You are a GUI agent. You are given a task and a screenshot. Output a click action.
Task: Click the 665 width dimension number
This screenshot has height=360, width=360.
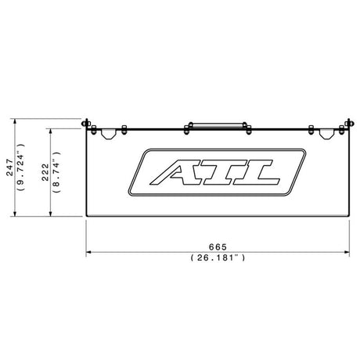[x=218, y=247]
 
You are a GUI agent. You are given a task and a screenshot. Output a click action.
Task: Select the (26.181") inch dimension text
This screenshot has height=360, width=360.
[x=218, y=258]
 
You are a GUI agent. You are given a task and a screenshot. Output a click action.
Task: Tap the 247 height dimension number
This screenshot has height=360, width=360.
[x=9, y=167]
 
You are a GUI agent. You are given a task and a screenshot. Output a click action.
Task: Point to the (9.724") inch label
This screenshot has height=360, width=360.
[x=21, y=167]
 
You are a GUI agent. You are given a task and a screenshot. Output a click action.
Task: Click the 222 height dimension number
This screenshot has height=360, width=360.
[x=45, y=172]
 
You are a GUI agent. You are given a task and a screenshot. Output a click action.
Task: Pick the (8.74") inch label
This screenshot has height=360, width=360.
[x=56, y=172]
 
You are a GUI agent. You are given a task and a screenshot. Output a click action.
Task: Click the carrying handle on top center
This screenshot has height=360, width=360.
[x=218, y=126]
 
